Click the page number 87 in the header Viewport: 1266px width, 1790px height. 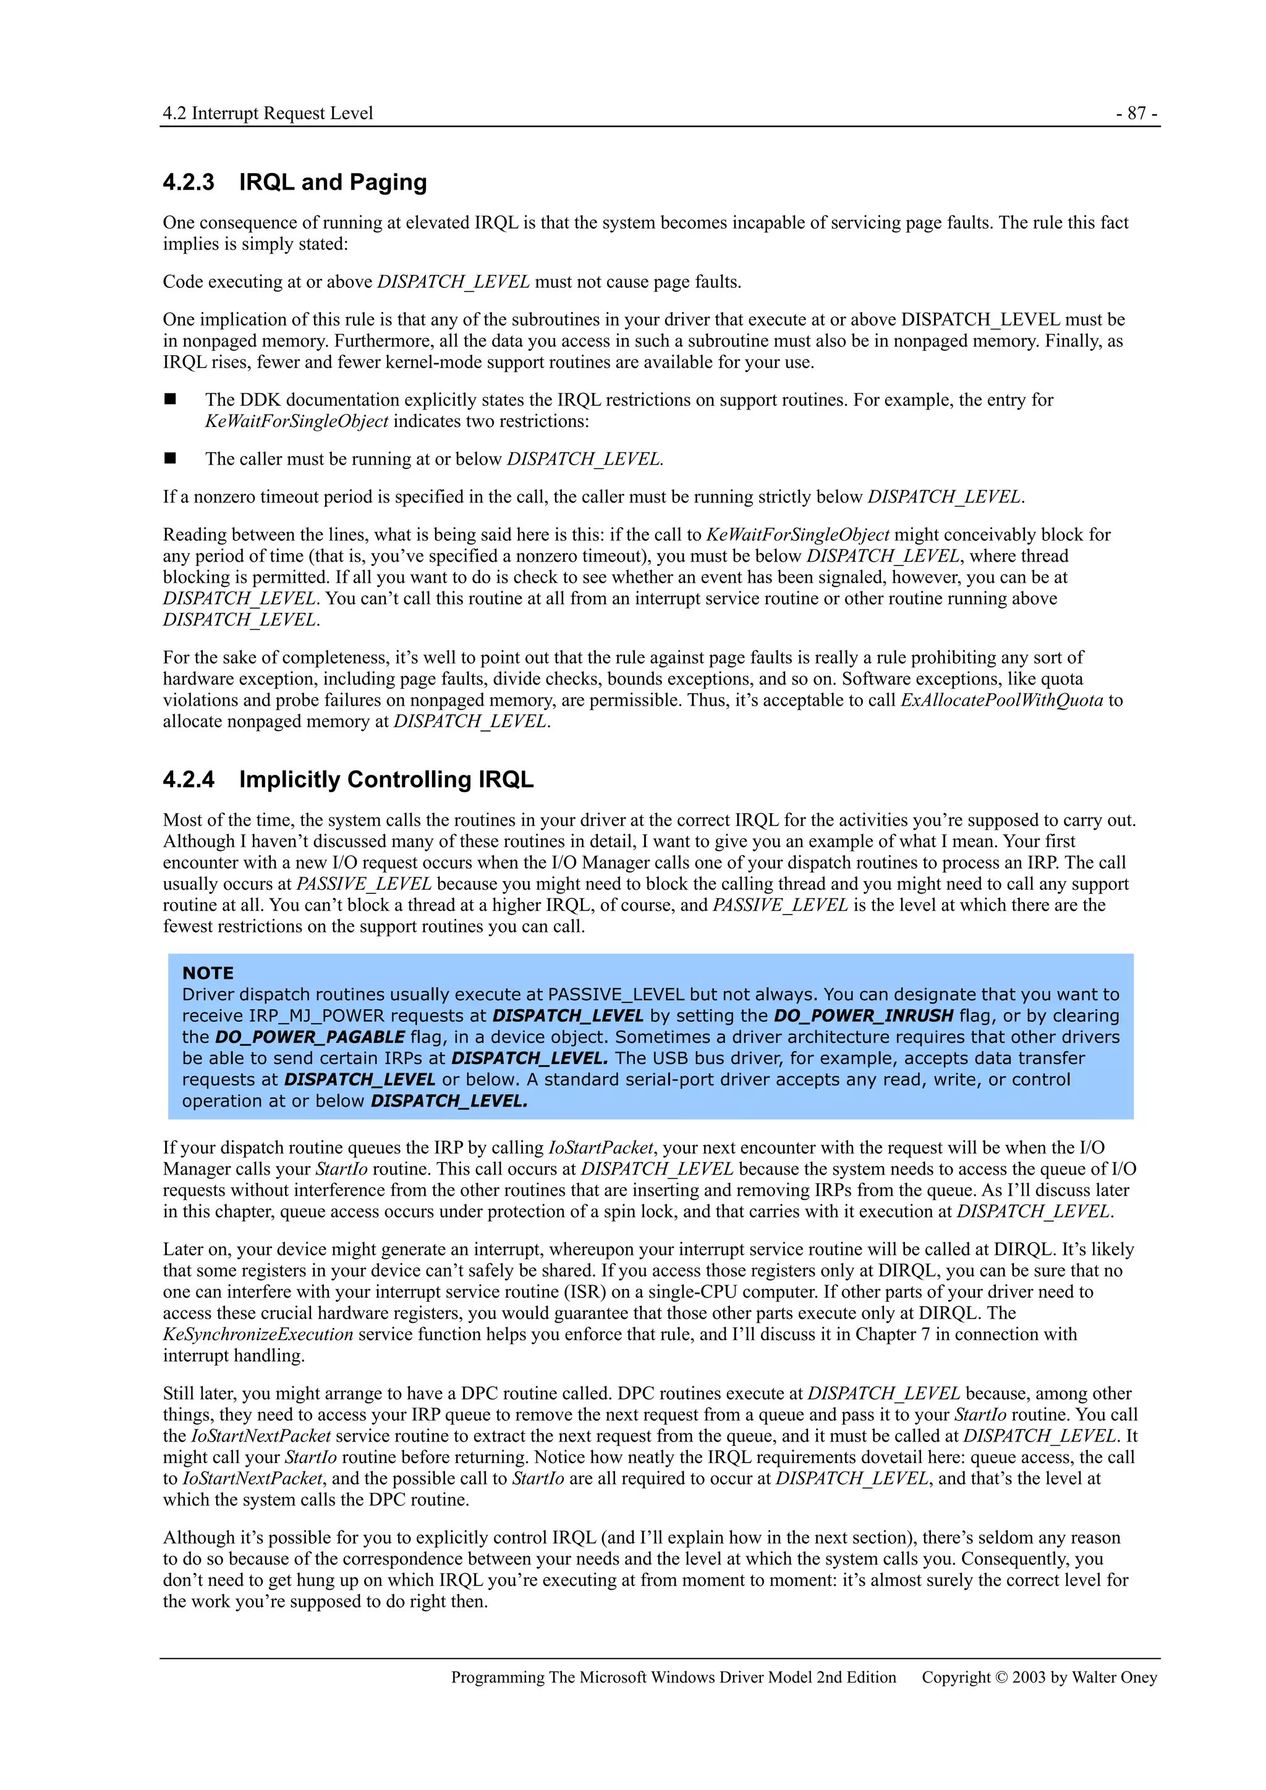1137,114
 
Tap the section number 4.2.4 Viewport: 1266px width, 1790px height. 188,780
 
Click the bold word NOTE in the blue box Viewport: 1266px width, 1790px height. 208,973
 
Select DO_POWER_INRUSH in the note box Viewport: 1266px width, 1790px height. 864,1016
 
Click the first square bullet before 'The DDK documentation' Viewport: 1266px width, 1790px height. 170,399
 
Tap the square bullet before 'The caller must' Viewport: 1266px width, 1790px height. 170,458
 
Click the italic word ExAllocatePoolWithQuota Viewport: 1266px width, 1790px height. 1001,700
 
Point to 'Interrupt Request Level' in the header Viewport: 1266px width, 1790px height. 283,114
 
